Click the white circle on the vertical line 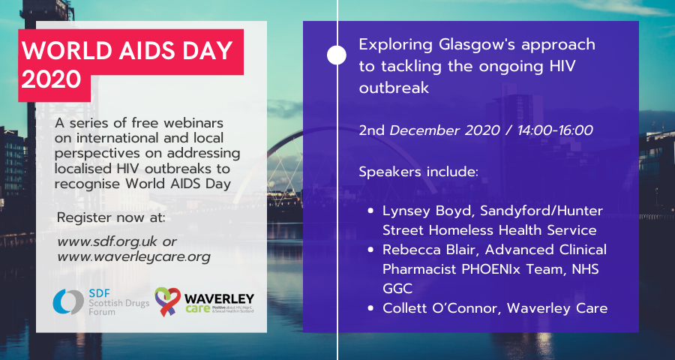[337, 55]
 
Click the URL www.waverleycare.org [134, 257]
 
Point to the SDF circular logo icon [67, 301]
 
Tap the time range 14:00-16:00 [556, 130]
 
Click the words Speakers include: [418, 172]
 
